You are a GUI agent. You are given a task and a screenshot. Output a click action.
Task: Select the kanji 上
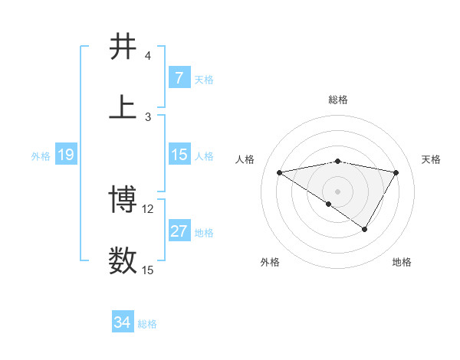(x=123, y=106)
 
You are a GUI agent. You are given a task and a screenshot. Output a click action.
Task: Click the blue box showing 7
(x=179, y=78)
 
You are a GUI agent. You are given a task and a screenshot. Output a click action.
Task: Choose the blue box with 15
(x=179, y=155)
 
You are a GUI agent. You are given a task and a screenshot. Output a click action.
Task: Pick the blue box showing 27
(x=179, y=231)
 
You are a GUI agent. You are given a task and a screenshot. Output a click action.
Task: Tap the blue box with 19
(x=65, y=155)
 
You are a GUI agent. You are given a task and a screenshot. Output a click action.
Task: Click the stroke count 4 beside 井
(x=147, y=56)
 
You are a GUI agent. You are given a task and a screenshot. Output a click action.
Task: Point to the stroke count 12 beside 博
(x=149, y=209)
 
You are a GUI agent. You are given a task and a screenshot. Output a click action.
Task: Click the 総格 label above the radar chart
(x=337, y=100)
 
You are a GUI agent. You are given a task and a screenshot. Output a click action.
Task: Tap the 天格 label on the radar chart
(x=431, y=159)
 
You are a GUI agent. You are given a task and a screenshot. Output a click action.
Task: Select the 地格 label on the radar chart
(x=402, y=262)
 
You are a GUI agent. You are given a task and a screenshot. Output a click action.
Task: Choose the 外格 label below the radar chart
(x=270, y=262)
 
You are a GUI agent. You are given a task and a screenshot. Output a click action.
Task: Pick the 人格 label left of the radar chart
(x=245, y=159)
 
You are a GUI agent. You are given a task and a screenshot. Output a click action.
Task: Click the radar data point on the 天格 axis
(x=396, y=172)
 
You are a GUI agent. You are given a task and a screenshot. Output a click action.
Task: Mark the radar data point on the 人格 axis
(x=279, y=172)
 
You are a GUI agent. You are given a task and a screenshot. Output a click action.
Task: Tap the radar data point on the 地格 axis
(x=365, y=229)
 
